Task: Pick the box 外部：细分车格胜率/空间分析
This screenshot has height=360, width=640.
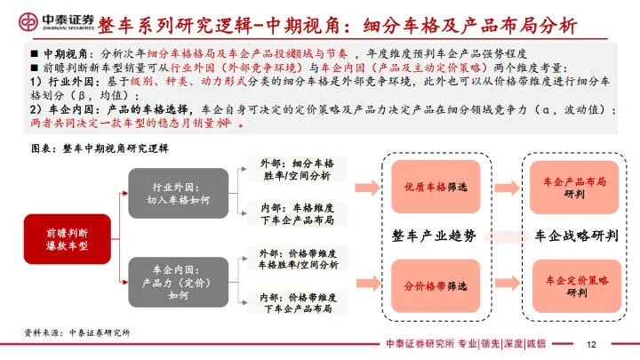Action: (x=299, y=170)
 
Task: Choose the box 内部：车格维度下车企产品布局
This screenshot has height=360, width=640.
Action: (x=299, y=213)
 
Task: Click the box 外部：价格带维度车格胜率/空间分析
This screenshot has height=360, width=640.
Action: (x=299, y=258)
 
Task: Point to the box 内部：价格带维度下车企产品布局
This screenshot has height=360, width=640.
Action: (x=299, y=302)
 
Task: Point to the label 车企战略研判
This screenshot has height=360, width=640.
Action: (x=576, y=236)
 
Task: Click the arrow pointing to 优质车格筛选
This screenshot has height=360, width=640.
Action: (x=364, y=187)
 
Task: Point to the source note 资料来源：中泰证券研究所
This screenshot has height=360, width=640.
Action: (x=77, y=332)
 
